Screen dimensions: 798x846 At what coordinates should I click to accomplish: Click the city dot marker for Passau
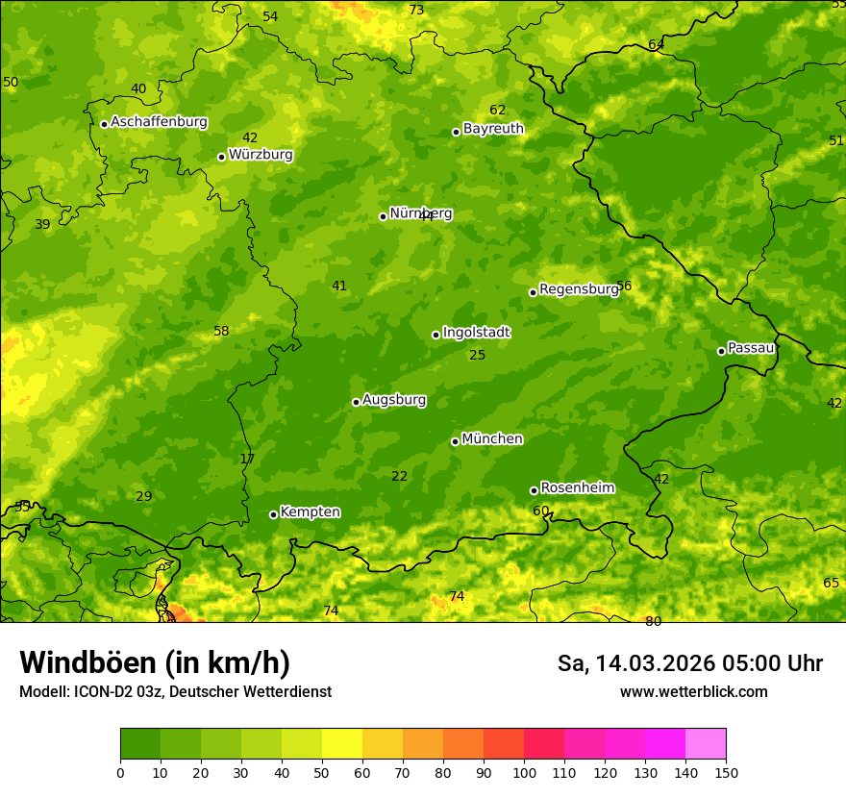pyautogui.click(x=721, y=351)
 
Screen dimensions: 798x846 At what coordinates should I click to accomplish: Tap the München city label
pyautogui.click(x=492, y=439)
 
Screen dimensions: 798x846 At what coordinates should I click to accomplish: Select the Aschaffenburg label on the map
pyautogui.click(x=159, y=122)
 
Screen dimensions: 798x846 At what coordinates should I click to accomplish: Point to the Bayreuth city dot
pyautogui.click(x=456, y=132)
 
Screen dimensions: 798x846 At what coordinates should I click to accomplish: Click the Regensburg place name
pyautogui.click(x=579, y=289)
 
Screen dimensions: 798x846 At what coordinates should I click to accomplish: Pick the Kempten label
pyautogui.click(x=310, y=512)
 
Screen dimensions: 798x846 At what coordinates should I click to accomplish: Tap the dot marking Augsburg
pyautogui.click(x=356, y=402)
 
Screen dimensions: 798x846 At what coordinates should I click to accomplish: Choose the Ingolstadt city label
pyautogui.click(x=476, y=333)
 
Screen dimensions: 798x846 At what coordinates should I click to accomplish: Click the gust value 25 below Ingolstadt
pyautogui.click(x=477, y=356)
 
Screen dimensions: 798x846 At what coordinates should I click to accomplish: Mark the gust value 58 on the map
pyautogui.click(x=221, y=332)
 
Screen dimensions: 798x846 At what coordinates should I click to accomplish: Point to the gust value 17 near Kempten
pyautogui.click(x=247, y=460)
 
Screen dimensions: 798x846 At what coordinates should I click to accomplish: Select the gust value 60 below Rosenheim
pyautogui.click(x=540, y=511)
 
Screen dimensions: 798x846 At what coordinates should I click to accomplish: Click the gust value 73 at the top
pyautogui.click(x=416, y=11)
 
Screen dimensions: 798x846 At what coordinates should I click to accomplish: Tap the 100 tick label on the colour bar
pyautogui.click(x=524, y=772)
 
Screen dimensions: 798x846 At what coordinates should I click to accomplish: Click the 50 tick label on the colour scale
pyautogui.click(x=322, y=772)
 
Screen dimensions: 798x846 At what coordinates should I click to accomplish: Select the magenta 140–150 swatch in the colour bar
pyautogui.click(x=706, y=744)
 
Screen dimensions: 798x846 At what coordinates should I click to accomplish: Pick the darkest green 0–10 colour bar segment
pyautogui.click(x=140, y=744)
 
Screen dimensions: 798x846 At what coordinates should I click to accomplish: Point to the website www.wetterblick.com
pyautogui.click(x=693, y=691)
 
